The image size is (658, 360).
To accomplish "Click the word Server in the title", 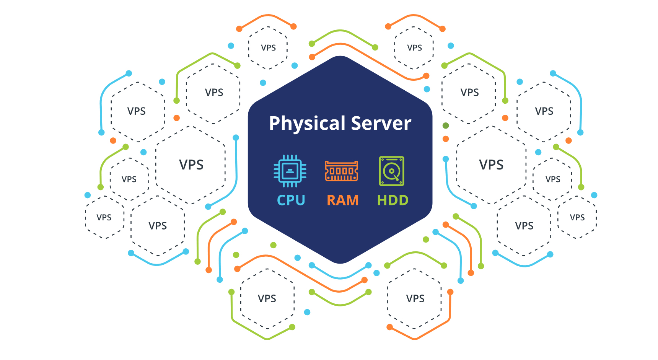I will point(381,124).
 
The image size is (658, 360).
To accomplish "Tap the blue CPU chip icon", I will point(290,171).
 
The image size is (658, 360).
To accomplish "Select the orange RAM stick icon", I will point(342,171).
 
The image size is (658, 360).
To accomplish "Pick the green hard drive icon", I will point(391,171).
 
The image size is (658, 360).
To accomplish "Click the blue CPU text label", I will point(291,200).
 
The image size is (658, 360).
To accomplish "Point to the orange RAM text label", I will point(343,200).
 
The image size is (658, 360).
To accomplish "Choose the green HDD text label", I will point(393,200).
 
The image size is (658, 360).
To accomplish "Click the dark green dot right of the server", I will point(446,125).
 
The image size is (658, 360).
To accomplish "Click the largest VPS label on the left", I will point(191,165).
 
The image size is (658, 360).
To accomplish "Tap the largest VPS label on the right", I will point(491,165).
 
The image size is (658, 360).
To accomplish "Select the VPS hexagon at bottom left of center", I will point(267,298).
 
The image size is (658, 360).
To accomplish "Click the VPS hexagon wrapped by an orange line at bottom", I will point(415,298).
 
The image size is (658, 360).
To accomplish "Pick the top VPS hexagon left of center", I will point(268,48).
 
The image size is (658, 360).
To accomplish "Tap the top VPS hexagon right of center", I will point(414,48).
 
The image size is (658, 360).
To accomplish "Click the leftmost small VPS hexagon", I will point(104,217).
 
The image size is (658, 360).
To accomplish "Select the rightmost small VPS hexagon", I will point(577,217).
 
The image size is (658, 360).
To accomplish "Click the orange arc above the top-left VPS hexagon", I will point(267,16).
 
